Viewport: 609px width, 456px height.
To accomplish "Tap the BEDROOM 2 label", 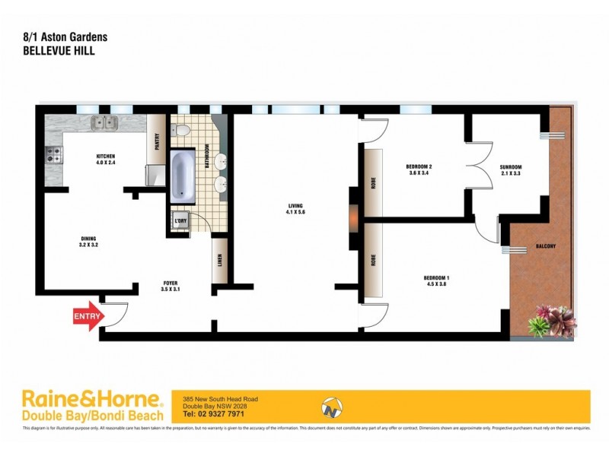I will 419,167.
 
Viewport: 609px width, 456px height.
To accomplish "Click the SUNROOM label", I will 511,167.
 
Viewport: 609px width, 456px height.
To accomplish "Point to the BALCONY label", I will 545,246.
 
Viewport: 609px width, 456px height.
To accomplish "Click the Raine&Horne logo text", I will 91,400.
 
